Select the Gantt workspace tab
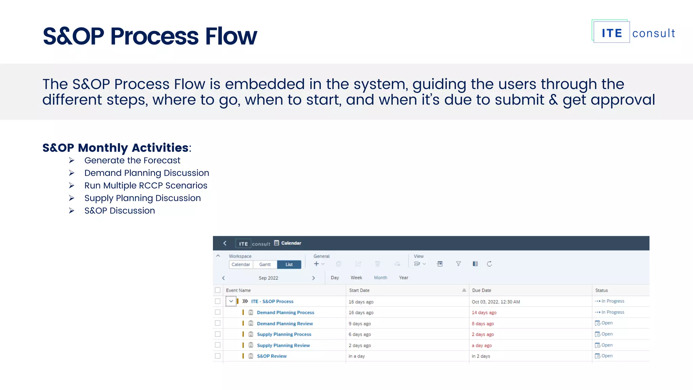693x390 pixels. point(265,264)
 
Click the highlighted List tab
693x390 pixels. point(289,264)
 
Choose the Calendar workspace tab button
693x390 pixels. point(241,264)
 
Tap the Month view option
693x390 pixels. point(380,278)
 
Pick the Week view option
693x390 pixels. point(356,278)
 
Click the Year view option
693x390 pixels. point(403,278)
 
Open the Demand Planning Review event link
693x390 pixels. point(285,324)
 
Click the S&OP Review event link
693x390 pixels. point(272,356)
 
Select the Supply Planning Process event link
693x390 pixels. point(284,334)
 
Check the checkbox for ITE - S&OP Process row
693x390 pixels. point(218,301)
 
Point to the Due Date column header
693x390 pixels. point(482,290)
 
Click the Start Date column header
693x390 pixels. point(359,290)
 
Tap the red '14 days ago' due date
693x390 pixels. point(484,313)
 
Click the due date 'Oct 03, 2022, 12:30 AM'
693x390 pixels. point(496,302)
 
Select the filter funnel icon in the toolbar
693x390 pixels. point(458,264)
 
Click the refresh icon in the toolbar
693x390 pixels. point(489,264)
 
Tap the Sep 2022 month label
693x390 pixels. point(268,278)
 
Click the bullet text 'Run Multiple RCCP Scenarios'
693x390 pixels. point(146,186)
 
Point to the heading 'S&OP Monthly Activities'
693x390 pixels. point(115,148)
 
